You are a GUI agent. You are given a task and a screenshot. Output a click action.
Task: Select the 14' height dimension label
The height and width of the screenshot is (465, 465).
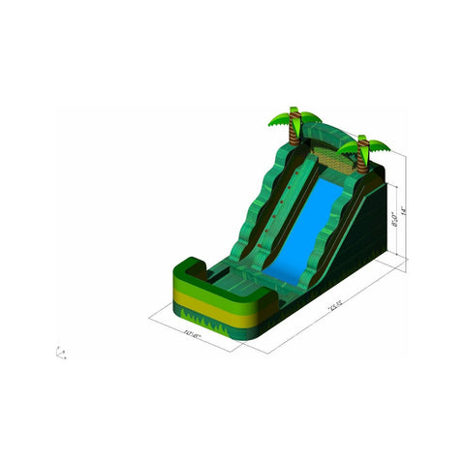point(414,207)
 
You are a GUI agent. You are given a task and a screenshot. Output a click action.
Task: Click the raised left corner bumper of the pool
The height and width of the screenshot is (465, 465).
point(189,266)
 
